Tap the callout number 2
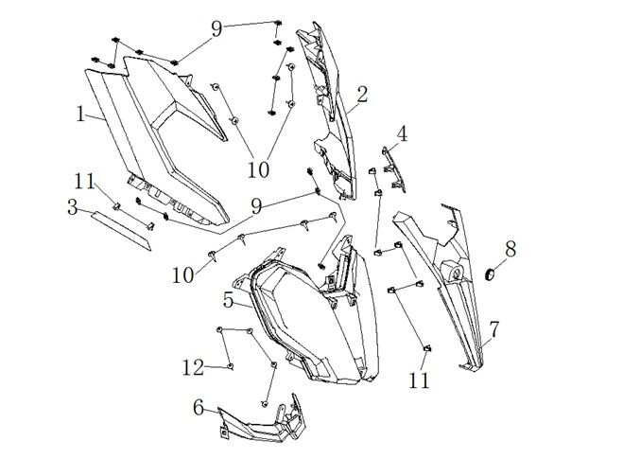[361, 94]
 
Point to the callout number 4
[402, 133]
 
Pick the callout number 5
[228, 300]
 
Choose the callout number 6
[199, 407]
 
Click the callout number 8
[511, 250]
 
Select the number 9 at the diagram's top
[216, 29]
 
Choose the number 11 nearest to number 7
[420, 380]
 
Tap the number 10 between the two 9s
[258, 168]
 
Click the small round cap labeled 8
[492, 274]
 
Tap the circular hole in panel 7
[456, 274]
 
